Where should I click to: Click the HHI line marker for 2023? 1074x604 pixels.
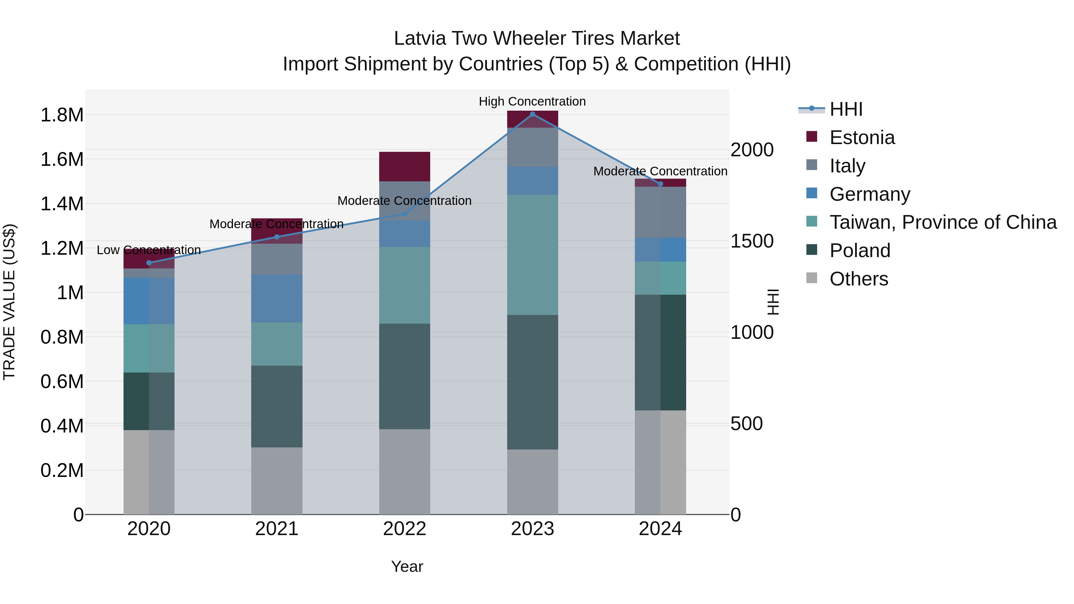(533, 114)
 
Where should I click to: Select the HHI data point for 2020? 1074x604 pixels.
(149, 262)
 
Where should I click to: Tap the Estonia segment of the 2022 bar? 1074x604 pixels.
(405, 166)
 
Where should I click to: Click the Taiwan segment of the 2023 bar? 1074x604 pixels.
(533, 255)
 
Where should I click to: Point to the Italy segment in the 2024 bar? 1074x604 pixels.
(661, 212)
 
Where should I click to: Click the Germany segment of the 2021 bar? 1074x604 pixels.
(277, 299)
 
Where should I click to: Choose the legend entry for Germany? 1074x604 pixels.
(870, 194)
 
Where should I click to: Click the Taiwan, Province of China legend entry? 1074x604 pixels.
(943, 222)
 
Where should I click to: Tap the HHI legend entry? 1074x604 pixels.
(845, 109)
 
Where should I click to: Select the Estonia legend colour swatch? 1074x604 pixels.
(812, 137)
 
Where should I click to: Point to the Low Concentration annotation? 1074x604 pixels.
(149, 250)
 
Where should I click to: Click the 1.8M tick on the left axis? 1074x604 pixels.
(62, 115)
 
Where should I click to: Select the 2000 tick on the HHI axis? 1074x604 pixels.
(752, 150)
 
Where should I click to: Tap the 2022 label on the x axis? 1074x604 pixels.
(405, 529)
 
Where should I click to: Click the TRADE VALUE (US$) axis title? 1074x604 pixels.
(9, 302)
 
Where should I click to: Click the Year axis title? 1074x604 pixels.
(407, 566)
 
